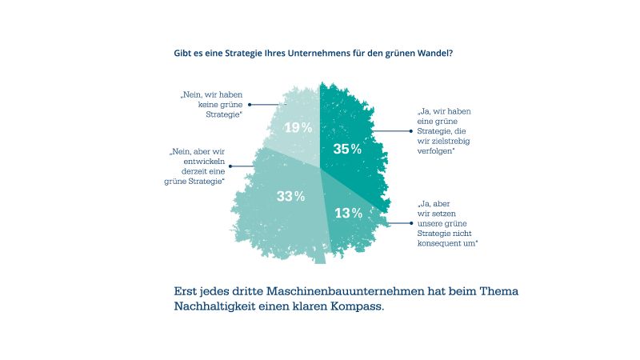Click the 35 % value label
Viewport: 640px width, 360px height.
point(347,149)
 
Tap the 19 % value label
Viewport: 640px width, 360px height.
point(298,127)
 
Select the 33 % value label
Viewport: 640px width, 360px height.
point(290,196)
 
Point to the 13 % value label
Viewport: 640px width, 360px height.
point(348,213)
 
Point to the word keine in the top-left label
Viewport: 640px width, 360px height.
point(210,105)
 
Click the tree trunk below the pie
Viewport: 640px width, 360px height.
point(319,255)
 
